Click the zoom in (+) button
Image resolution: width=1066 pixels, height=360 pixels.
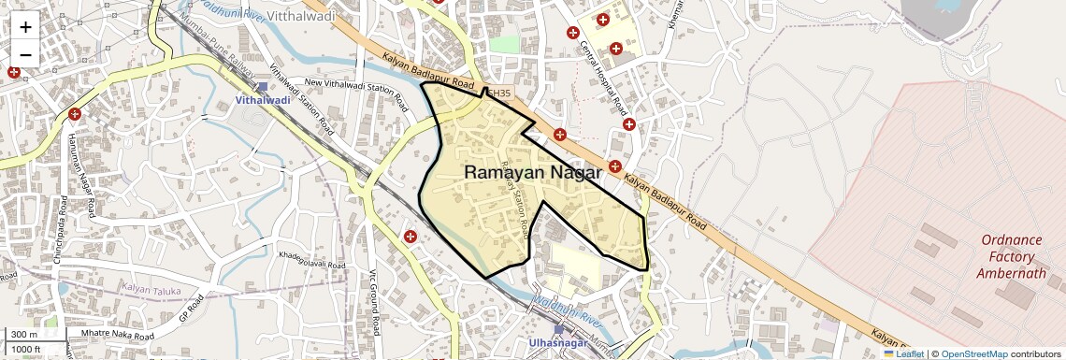25,26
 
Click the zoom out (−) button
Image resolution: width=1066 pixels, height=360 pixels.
25,54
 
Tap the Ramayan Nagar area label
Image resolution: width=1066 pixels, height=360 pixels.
532,172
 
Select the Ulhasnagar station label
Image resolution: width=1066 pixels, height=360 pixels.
558,343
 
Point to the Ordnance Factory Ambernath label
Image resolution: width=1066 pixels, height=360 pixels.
1011,256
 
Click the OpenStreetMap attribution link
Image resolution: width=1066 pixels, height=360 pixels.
973,353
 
